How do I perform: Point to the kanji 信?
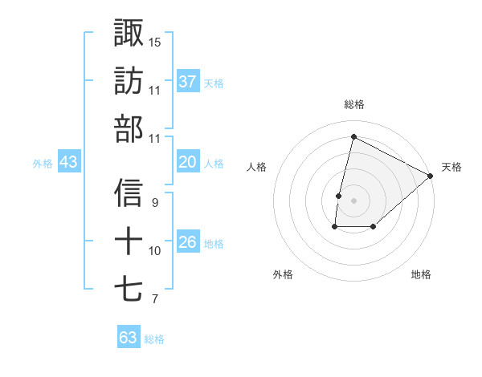129,193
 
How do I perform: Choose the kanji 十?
129,241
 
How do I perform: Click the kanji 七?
129,289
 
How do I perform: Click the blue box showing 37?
188,81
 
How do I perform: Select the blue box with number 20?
188,163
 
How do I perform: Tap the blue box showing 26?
188,243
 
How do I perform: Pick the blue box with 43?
69,163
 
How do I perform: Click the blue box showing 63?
129,338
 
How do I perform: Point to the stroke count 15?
155,42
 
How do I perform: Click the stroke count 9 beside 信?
154,202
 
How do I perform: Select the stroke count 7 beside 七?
154,299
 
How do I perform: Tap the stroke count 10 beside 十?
155,251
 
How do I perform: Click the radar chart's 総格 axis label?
353,105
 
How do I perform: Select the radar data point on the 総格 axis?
353,137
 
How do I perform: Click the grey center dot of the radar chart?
353,201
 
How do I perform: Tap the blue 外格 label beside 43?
43,164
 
